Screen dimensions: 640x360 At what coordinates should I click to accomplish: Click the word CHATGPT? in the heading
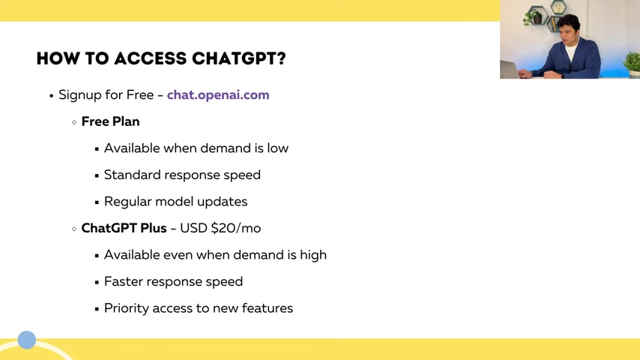click(x=239, y=58)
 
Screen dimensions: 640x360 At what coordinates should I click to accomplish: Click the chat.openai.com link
click(x=218, y=94)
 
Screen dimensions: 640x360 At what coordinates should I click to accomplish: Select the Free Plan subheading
click(x=110, y=121)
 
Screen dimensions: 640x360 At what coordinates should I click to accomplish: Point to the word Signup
click(x=80, y=95)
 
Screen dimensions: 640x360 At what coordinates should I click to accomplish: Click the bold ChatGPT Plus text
click(x=124, y=228)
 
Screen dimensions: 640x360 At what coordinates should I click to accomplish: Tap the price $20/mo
click(x=235, y=228)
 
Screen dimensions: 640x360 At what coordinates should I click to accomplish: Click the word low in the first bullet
click(x=277, y=148)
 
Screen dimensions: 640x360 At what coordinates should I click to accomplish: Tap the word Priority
click(x=127, y=308)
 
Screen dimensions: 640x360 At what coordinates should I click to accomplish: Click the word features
click(x=268, y=308)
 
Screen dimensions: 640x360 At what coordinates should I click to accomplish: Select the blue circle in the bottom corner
click(x=27, y=340)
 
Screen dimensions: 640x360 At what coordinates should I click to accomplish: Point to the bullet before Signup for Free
click(x=52, y=96)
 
